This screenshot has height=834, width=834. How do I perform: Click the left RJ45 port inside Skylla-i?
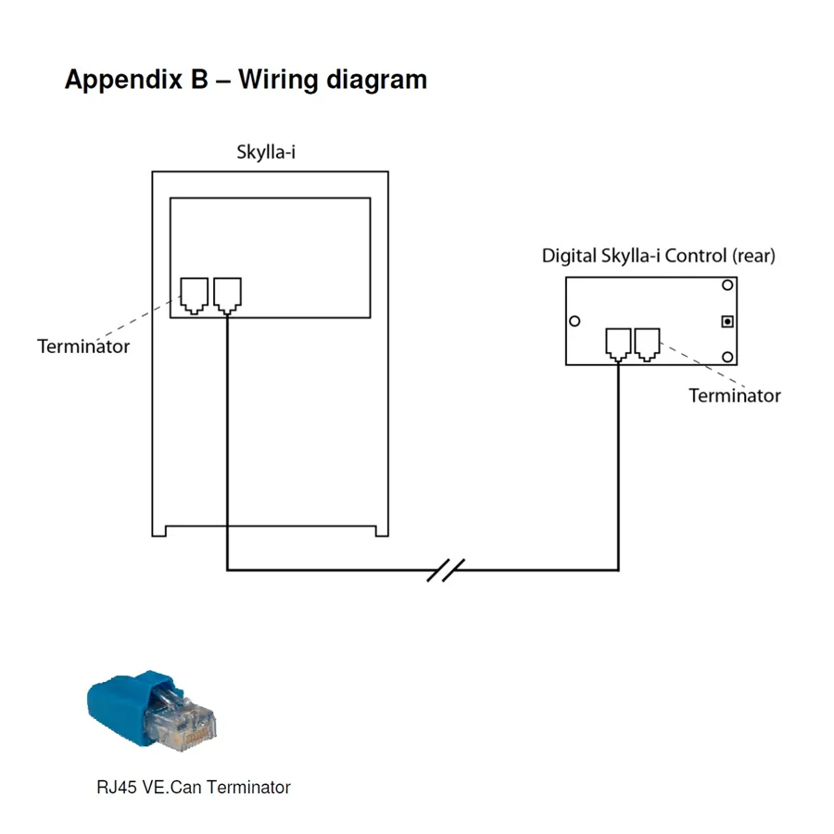195,295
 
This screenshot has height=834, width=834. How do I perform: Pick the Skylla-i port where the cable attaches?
227,295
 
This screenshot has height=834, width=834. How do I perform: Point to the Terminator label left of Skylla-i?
83,347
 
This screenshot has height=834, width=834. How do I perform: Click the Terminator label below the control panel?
734,396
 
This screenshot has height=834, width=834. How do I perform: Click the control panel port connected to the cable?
618,343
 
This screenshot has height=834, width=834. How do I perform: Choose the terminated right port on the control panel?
647,343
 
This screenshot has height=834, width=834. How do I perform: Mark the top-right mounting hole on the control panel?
728,285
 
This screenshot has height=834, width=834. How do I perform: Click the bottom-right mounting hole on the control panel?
728,357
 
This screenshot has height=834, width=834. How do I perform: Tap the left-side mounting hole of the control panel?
575,322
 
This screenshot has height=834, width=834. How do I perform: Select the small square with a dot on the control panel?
728,322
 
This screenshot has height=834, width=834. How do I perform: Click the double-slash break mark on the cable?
445,570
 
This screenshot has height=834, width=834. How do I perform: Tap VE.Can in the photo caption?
171,788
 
